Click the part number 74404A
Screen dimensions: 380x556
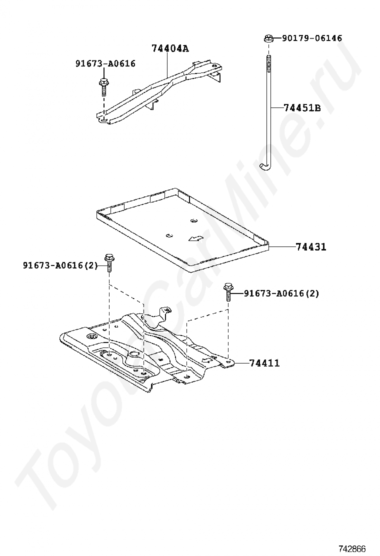click(170, 48)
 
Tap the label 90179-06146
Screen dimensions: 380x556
click(312, 38)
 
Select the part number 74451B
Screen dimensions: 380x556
click(302, 107)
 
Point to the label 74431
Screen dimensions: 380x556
click(310, 246)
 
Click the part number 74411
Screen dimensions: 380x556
click(264, 363)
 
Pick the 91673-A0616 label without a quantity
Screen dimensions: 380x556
click(105, 63)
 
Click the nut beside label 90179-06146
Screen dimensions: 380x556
click(268, 37)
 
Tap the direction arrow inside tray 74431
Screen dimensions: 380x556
click(195, 238)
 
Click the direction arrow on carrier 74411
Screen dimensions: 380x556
click(205, 359)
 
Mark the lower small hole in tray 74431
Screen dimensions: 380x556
click(169, 234)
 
